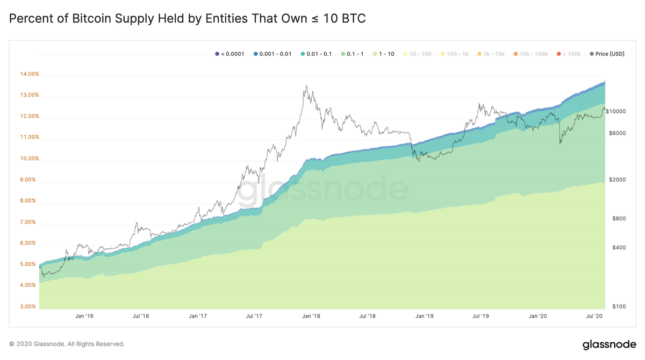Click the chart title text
tap(188, 19)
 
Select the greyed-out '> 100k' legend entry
tap(571, 54)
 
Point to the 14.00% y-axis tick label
tap(30, 74)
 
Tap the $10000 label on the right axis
tap(615, 111)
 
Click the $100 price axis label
tap(619, 307)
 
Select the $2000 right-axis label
tap(617, 180)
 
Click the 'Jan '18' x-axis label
tap(311, 316)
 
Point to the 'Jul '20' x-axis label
tap(594, 316)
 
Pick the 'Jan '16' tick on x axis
tap(84, 316)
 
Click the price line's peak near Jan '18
tap(306, 86)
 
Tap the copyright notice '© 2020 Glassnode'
tap(67, 344)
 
